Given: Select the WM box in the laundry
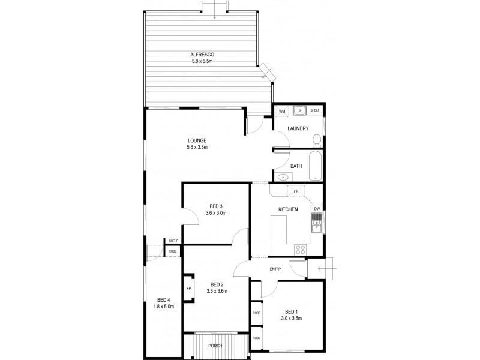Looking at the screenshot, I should (x=281, y=111).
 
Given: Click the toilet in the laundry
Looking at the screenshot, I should (x=316, y=140).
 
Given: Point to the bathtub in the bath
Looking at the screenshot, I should (x=315, y=165).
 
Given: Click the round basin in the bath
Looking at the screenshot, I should (x=283, y=177).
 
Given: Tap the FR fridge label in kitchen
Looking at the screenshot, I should (x=296, y=191).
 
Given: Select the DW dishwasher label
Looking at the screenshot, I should (x=316, y=208).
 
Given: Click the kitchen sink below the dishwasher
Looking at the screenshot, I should (x=316, y=225).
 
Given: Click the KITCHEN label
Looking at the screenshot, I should (x=288, y=209).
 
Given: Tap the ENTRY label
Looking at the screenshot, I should (x=275, y=269).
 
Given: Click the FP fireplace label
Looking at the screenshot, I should (x=188, y=289).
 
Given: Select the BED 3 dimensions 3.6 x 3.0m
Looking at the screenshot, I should (x=216, y=212).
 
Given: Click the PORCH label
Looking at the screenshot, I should (x=214, y=346).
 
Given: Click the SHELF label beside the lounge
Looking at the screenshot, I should (x=173, y=241).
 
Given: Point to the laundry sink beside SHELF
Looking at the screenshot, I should (x=298, y=110).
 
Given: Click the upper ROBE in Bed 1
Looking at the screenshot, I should (x=256, y=313).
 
